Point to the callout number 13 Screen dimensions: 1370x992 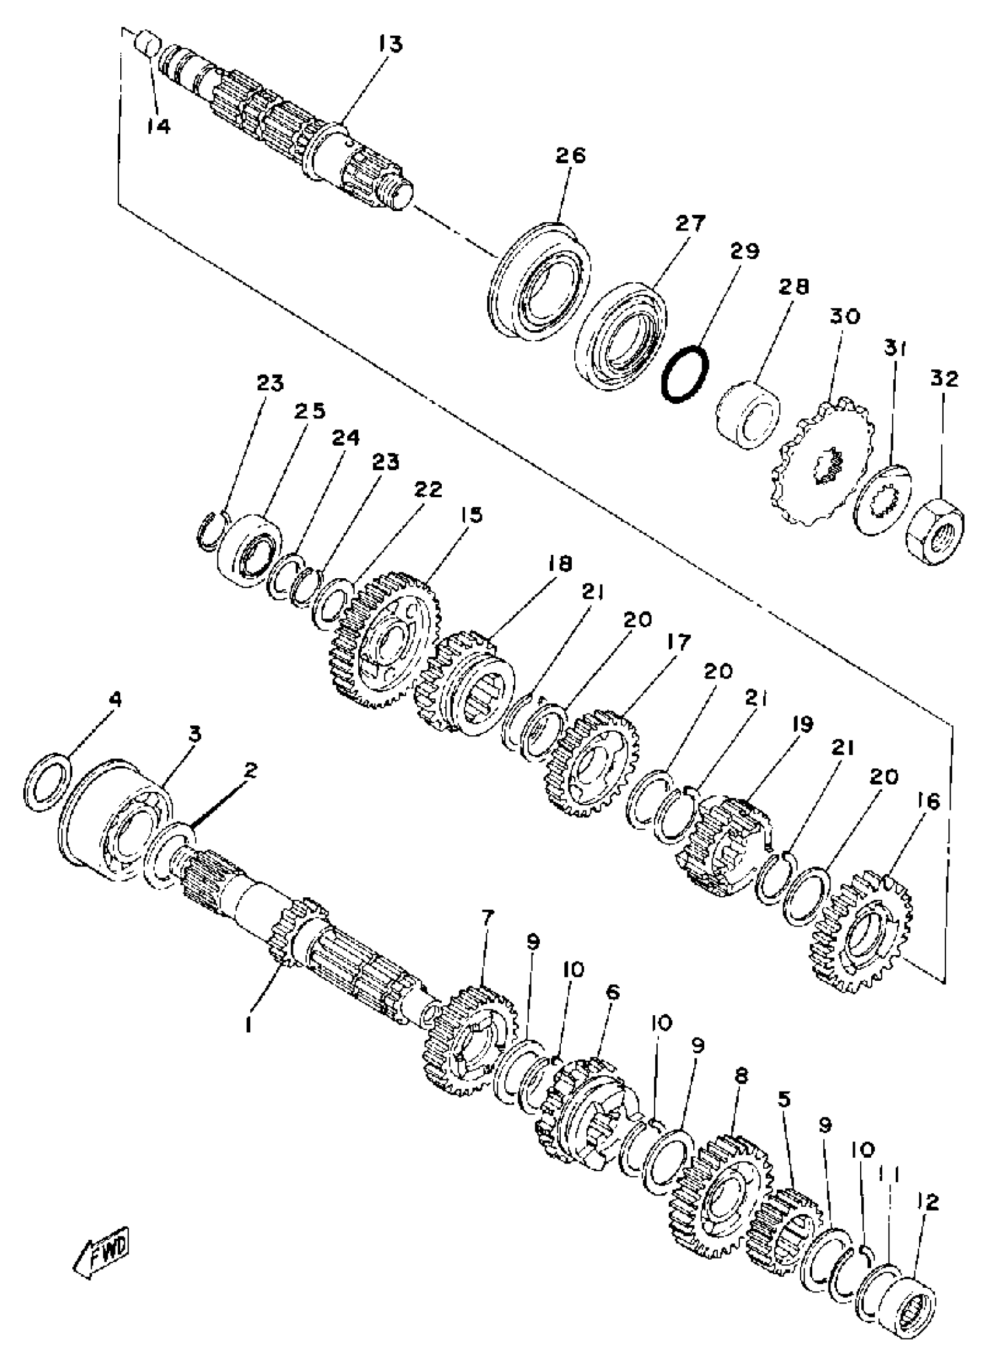tap(391, 44)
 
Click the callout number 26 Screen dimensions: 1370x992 tap(570, 156)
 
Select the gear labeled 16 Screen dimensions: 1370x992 tap(861, 943)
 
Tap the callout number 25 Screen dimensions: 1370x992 tap(310, 411)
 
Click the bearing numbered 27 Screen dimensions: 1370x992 tap(620, 336)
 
